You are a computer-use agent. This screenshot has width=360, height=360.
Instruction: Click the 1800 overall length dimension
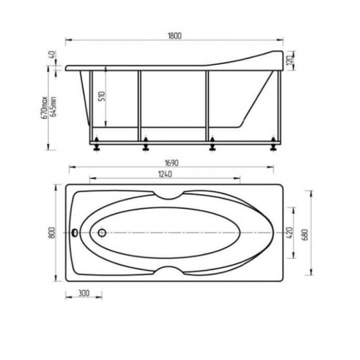pyautogui.click(x=175, y=36)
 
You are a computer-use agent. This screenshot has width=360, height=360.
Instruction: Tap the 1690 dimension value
pyautogui.click(x=171, y=163)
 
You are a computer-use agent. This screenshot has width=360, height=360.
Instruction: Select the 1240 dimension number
pyautogui.click(x=165, y=174)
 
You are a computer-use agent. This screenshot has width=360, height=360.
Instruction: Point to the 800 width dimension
pyautogui.click(x=53, y=233)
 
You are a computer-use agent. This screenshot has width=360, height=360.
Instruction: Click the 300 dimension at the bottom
pyautogui.click(x=84, y=293)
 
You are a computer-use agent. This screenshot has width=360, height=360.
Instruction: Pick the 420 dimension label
pyautogui.click(x=289, y=233)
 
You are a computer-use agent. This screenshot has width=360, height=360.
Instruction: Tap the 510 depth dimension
pyautogui.click(x=102, y=96)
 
